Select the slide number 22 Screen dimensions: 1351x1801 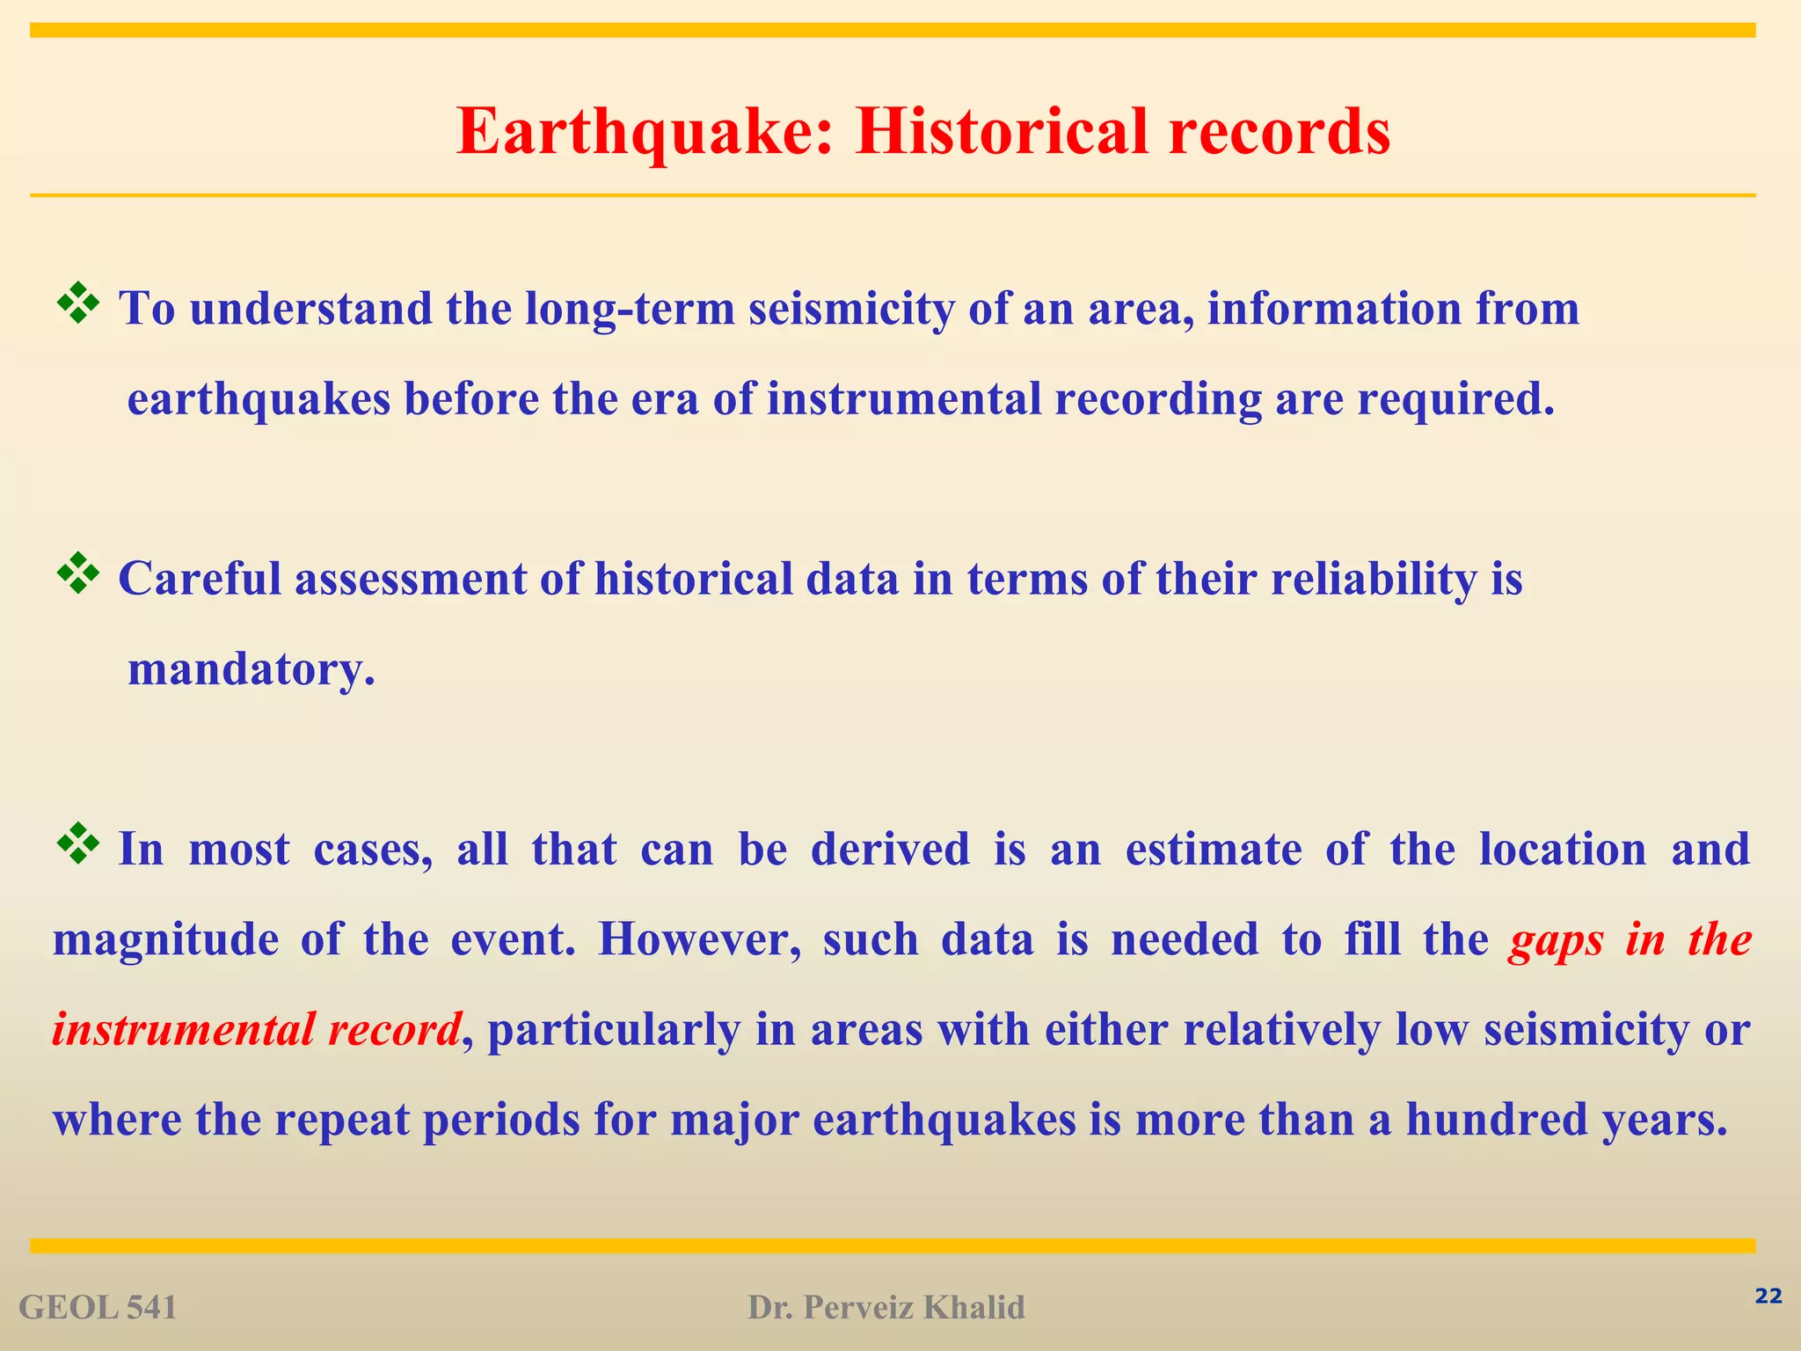coord(1768,1296)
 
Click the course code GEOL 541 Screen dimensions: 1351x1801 coord(98,1308)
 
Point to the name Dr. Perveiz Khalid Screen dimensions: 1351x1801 coord(886,1308)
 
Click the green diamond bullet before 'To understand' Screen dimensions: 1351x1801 coord(77,303)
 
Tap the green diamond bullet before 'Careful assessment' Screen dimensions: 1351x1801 coord(77,573)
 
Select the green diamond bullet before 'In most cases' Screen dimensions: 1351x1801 coord(77,843)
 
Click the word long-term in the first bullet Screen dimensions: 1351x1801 coord(630,309)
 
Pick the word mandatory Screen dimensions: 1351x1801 coord(251,669)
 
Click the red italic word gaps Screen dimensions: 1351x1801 coord(1556,939)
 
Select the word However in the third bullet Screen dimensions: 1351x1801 coord(699,939)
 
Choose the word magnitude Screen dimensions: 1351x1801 coord(166,939)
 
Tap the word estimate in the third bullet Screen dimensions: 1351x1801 coord(1214,850)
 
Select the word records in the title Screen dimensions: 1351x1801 coord(1280,132)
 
